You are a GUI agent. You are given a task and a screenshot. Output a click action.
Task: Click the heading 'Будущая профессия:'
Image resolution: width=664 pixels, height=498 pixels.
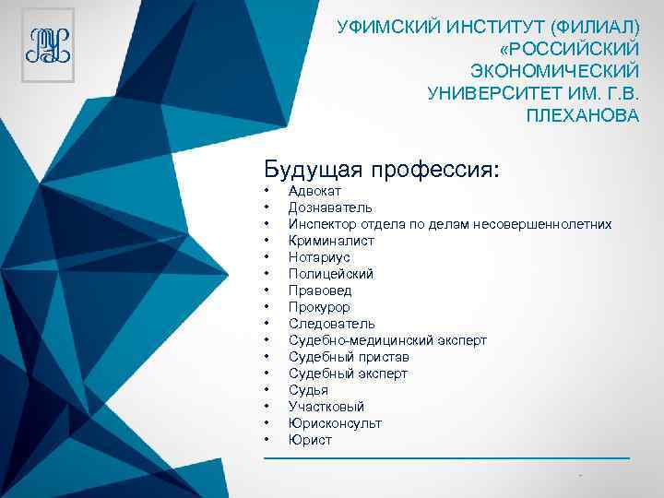382,170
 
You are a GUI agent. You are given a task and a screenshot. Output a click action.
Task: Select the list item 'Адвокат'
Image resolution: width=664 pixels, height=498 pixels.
314,191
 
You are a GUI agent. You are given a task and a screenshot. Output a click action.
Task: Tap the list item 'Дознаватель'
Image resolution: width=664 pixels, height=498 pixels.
329,207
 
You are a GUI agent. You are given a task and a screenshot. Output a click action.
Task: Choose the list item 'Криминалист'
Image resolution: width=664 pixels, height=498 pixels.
331,241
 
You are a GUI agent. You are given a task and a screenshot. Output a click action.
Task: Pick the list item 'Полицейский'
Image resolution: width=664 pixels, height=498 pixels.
330,274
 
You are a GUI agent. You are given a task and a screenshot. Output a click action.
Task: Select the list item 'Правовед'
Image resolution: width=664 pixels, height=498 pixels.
319,290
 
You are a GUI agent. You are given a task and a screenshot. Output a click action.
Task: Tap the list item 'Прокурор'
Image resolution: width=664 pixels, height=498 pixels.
319,307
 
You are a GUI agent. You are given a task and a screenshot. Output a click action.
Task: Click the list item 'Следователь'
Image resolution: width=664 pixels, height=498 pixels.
331,324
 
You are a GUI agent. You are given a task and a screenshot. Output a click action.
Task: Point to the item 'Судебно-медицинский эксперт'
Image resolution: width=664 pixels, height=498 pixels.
387,340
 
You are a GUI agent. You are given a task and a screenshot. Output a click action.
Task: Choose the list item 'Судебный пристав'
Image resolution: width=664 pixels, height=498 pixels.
349,357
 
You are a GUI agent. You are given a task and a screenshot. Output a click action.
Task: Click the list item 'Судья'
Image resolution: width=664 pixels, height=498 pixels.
308,390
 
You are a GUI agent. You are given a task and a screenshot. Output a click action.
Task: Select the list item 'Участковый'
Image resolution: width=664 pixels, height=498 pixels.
326,407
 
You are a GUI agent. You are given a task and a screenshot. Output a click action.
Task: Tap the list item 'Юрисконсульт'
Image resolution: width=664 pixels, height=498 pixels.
335,423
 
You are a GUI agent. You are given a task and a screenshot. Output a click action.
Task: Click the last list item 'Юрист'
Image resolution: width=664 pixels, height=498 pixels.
310,440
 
